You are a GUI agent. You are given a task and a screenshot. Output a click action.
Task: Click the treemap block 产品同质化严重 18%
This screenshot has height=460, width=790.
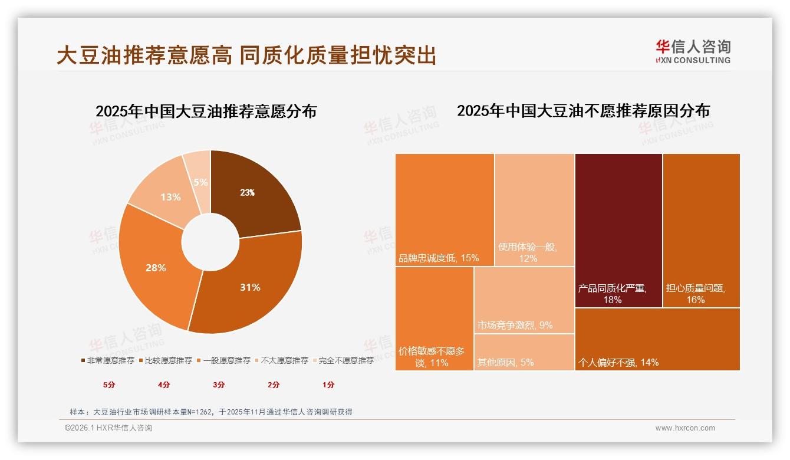pyautogui.click(x=618, y=230)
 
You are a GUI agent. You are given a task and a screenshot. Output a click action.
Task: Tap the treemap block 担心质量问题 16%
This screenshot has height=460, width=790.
pyautogui.click(x=701, y=230)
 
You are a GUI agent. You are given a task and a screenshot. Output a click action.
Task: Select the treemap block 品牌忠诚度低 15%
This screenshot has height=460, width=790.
pyautogui.click(x=445, y=209)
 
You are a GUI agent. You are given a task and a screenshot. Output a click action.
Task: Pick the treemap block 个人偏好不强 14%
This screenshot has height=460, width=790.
pyautogui.click(x=657, y=339)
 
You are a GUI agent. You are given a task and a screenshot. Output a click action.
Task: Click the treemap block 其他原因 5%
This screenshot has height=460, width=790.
pyautogui.click(x=524, y=352)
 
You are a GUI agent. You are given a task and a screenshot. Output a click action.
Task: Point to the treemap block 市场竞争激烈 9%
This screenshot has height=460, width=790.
pyautogui.click(x=524, y=300)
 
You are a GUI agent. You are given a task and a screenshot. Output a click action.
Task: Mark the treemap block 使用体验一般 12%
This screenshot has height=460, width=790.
pyautogui.click(x=534, y=209)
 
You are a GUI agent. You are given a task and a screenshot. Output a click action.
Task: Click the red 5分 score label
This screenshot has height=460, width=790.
pyautogui.click(x=109, y=385)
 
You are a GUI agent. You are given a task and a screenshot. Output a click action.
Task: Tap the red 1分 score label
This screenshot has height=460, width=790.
pyautogui.click(x=328, y=385)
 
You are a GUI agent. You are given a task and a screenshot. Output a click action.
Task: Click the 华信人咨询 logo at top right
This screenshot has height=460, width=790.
pyautogui.click(x=693, y=51)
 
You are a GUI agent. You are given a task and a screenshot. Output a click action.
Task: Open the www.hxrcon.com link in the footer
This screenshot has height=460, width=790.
pyautogui.click(x=685, y=428)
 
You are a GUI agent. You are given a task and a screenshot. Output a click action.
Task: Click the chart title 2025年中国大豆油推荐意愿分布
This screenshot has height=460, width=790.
pyautogui.click(x=206, y=111)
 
